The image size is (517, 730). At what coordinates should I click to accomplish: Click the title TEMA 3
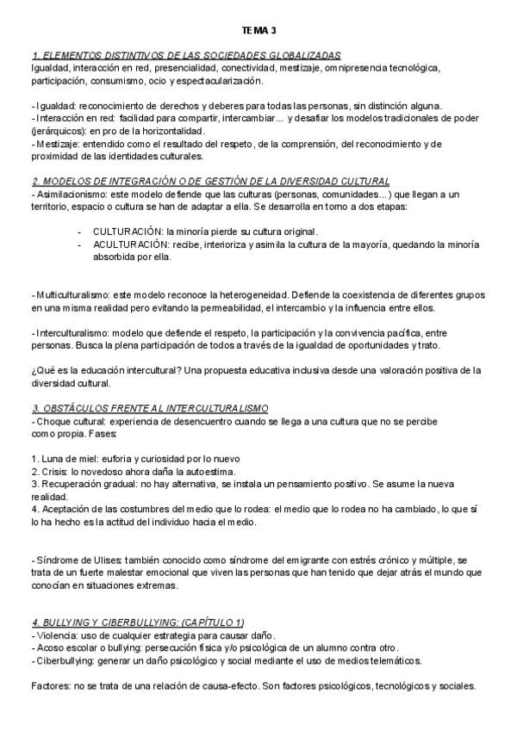click(258, 30)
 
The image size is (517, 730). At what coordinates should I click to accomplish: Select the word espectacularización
click(219, 80)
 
